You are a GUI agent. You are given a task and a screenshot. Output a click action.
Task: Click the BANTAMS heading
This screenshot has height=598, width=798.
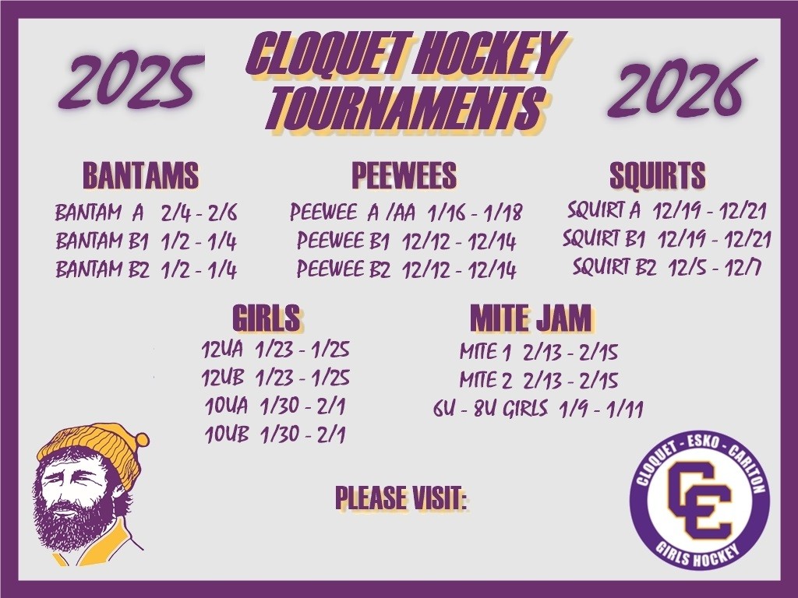coord(140,175)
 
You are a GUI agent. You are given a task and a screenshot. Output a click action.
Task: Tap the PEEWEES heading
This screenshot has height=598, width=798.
coord(404,175)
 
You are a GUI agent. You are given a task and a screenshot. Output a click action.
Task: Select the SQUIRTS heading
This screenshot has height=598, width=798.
coord(658,175)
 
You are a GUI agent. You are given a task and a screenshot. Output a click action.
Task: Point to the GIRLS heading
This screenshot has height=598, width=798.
coord(267,318)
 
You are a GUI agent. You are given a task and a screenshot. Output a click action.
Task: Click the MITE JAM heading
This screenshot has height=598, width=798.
coord(531,318)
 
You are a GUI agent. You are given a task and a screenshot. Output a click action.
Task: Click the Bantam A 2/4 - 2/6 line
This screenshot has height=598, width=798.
coord(146,213)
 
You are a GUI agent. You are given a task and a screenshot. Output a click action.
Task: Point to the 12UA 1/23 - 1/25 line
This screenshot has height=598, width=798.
coord(275,350)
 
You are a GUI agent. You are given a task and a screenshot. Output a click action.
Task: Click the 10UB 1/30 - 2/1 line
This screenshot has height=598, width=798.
coord(275,434)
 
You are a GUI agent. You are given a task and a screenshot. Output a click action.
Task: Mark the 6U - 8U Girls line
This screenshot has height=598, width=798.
coord(538,409)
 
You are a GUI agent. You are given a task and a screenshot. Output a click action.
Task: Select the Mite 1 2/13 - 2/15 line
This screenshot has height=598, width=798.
coord(538,352)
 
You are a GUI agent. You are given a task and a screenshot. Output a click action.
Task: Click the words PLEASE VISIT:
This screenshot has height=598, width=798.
coord(401,498)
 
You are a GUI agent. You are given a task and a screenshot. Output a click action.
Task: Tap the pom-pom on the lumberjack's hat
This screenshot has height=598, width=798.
coord(140,441)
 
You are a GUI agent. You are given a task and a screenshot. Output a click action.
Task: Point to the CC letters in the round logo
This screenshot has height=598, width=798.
coord(700,499)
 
